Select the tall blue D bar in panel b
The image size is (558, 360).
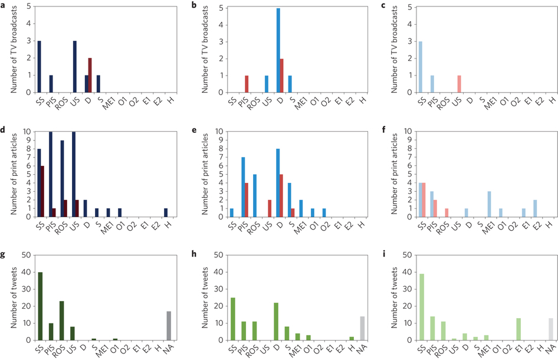[279, 50]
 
